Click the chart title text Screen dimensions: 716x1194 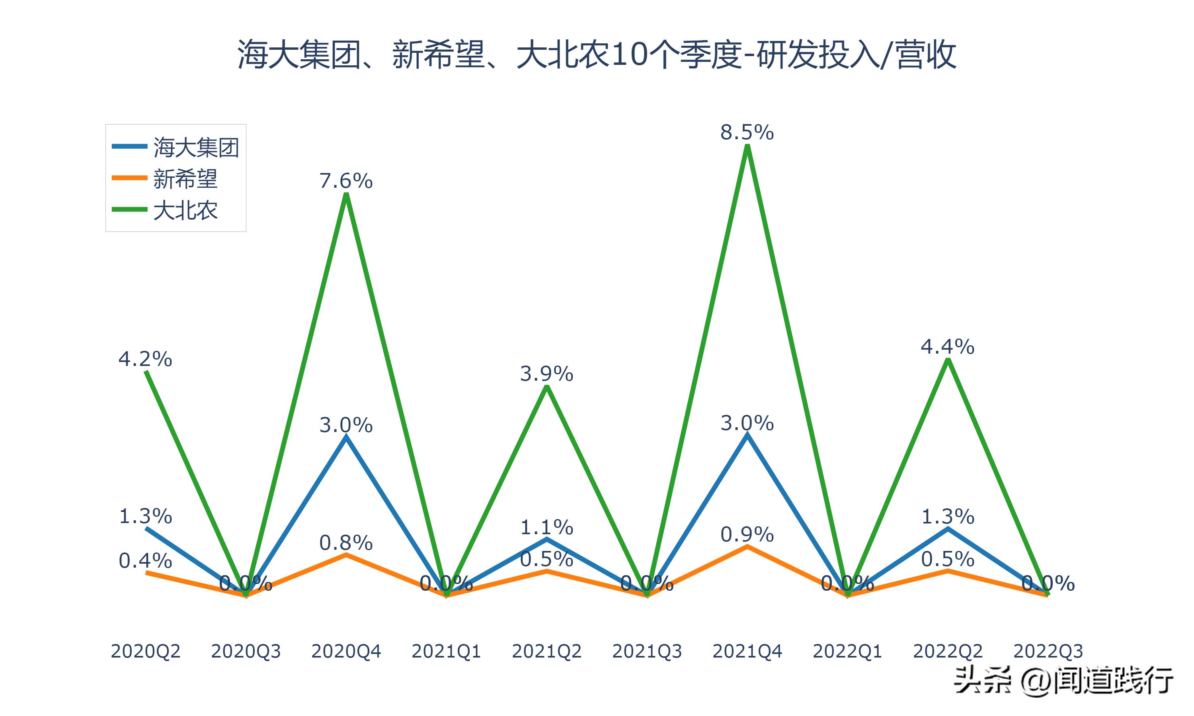597,54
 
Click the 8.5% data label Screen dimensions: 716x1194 747,132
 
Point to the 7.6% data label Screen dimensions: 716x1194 345,181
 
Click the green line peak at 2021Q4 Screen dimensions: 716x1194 747,147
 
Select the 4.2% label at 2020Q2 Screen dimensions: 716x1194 145,359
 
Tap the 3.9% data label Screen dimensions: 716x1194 546,374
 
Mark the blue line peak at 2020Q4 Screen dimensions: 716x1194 346,437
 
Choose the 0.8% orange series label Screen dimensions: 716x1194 345,543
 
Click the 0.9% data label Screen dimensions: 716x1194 747,534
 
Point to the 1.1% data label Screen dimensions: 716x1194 546,527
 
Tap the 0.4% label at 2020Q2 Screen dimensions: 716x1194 145,560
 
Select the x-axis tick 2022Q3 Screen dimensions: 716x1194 1048,651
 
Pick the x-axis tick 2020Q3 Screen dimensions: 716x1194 246,651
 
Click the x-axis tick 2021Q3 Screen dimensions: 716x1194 647,651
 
